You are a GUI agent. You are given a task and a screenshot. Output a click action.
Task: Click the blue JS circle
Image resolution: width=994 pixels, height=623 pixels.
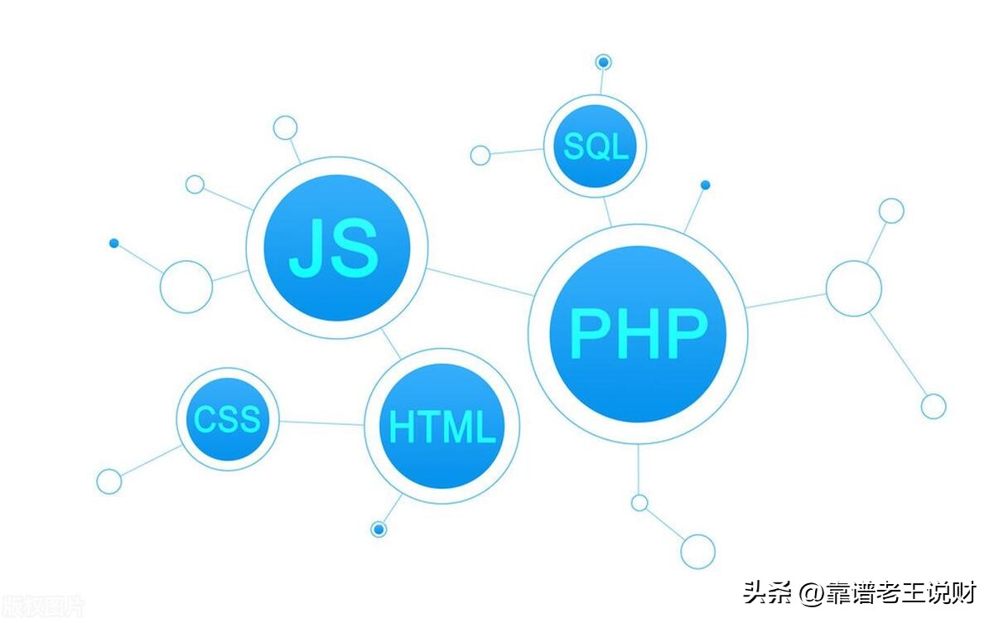point(336,248)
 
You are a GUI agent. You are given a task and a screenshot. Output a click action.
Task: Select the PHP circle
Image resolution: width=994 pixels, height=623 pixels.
point(638,333)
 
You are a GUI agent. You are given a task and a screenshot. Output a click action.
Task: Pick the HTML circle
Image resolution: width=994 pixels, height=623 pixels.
point(442,426)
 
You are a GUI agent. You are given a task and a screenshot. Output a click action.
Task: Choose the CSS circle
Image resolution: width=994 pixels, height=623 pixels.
point(227,419)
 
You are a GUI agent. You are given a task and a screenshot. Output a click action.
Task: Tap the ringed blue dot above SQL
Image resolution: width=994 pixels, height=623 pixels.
point(603,62)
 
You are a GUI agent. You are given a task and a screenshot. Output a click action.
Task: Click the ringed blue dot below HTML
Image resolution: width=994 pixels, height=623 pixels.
point(379,529)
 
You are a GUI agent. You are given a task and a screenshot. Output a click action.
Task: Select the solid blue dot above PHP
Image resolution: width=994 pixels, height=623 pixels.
point(705,185)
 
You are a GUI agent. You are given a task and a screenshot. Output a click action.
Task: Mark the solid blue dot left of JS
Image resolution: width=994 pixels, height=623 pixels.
point(113,243)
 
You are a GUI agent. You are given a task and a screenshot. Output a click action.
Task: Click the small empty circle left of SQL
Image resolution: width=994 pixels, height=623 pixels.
point(480,155)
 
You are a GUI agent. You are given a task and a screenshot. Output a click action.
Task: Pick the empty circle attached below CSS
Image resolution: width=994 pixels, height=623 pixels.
point(109,481)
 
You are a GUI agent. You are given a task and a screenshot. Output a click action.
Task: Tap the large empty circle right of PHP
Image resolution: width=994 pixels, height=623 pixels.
point(853,288)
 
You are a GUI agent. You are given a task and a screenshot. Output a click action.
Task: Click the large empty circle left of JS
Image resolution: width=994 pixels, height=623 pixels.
point(186,287)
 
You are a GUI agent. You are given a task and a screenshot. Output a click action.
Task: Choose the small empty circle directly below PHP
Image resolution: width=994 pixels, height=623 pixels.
point(639,503)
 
